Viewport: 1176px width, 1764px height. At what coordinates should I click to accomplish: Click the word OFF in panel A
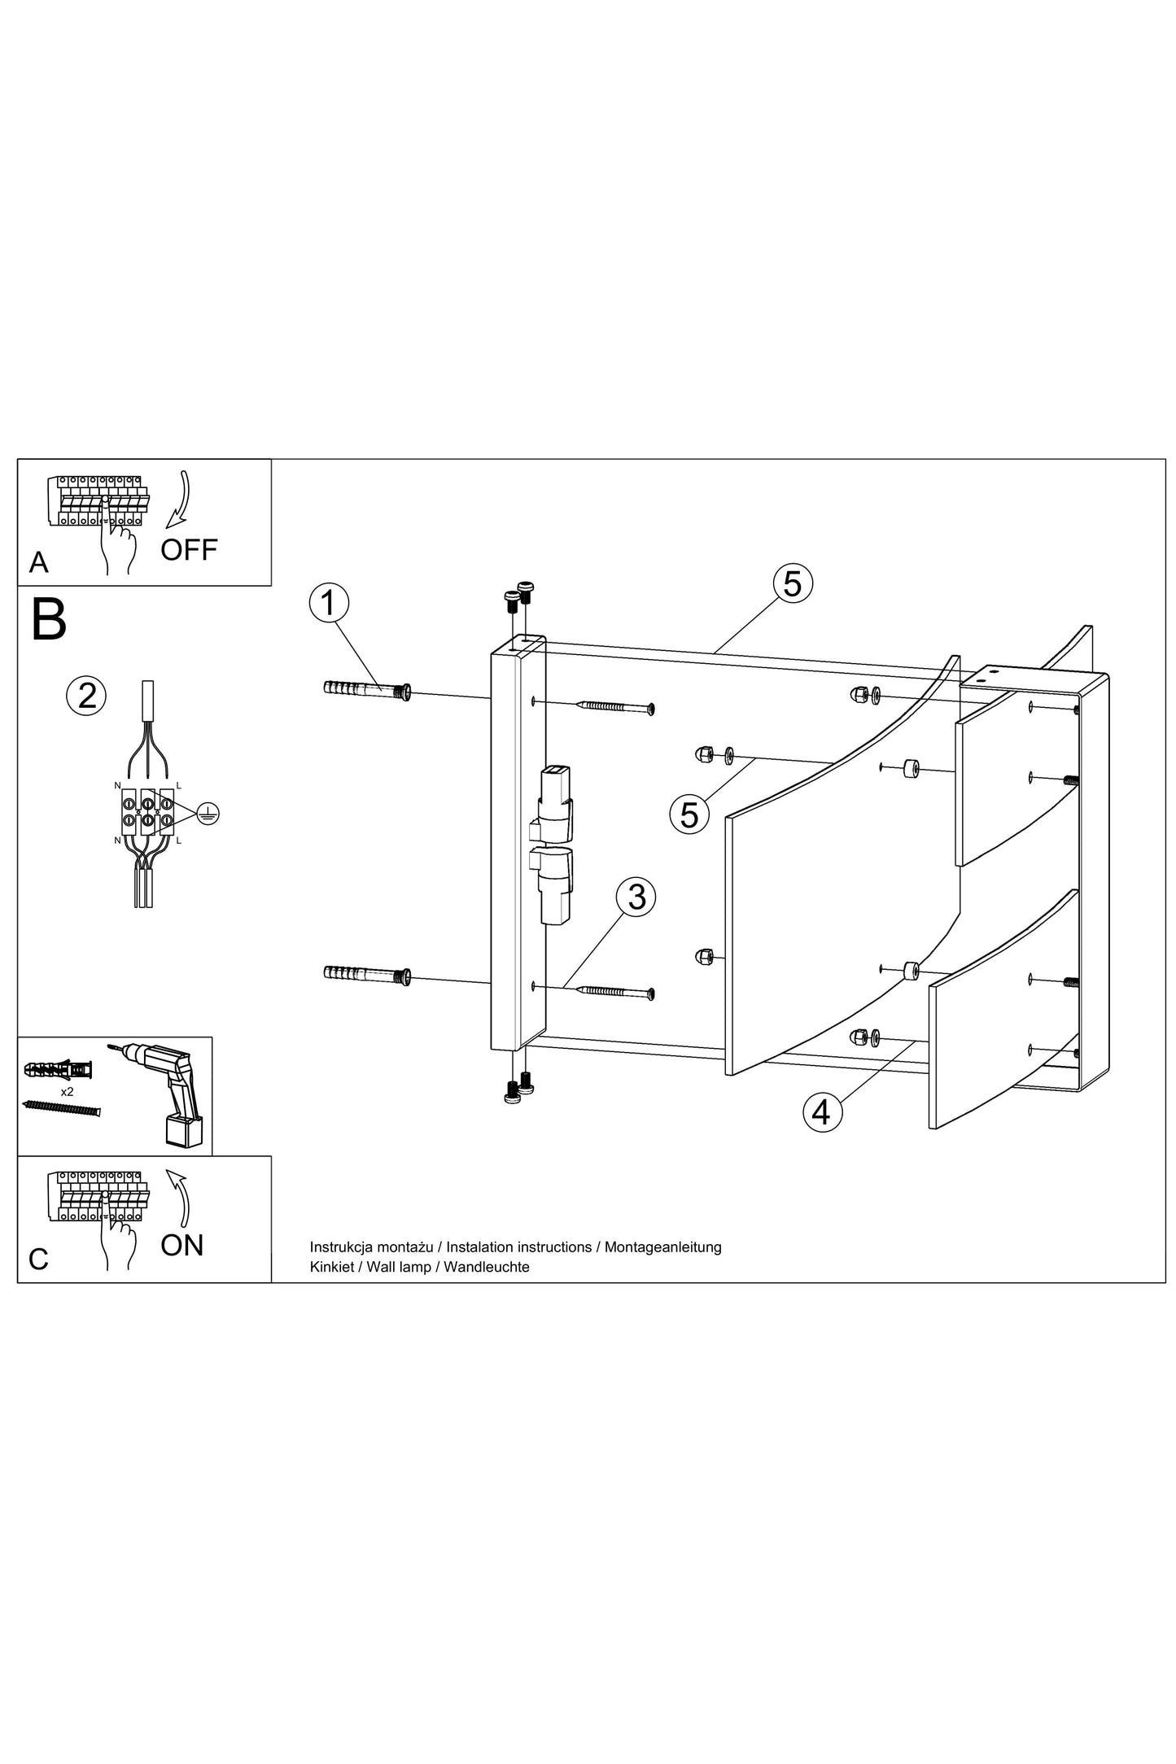(189, 550)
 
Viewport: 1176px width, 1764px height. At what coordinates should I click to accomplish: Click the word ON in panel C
(182, 1245)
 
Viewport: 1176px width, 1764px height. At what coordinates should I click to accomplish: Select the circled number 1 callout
(329, 604)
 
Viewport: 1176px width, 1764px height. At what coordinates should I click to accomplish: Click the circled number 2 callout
(86, 696)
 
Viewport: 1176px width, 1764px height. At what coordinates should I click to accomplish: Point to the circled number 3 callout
(636, 897)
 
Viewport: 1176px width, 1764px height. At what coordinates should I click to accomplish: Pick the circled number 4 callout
(821, 1112)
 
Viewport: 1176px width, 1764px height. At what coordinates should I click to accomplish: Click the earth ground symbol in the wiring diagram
(208, 813)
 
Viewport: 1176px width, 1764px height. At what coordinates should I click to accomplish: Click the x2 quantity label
(68, 1091)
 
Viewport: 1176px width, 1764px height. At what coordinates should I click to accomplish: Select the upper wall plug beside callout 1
(367, 690)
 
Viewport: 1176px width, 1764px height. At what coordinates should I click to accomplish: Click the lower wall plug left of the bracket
(367, 974)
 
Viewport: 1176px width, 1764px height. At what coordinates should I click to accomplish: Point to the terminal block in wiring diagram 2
(146, 811)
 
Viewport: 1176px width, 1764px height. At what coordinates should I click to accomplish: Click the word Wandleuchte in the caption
(487, 1267)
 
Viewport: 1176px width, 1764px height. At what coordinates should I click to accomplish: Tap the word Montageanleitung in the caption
(662, 1247)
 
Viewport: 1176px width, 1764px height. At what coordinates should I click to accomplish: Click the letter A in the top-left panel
(38, 562)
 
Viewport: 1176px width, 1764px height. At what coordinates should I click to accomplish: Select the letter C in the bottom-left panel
(38, 1259)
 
